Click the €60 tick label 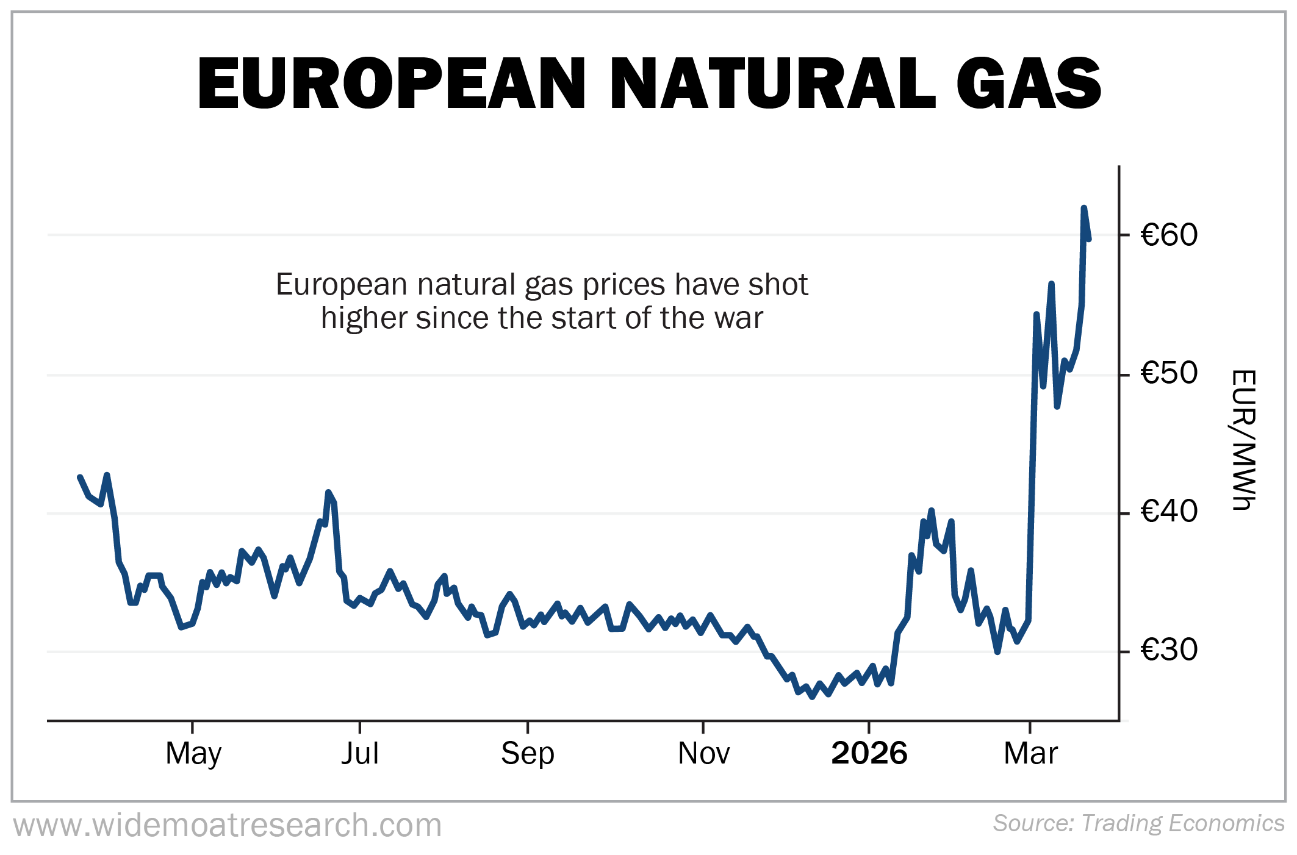click(x=1168, y=235)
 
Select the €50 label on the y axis click(x=1168, y=373)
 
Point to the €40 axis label click(x=1168, y=512)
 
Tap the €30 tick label click(x=1168, y=650)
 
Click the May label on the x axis click(x=193, y=754)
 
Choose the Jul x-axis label click(x=360, y=754)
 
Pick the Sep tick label click(x=528, y=754)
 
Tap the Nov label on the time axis click(x=703, y=754)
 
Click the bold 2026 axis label click(x=869, y=754)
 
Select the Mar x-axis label click(x=1030, y=754)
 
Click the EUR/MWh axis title click(x=1243, y=439)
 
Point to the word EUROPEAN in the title click(x=391, y=84)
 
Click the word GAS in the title click(x=1029, y=84)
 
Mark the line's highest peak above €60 click(x=1083, y=209)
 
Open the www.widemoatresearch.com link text click(x=228, y=826)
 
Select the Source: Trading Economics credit click(x=1138, y=823)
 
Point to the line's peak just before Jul click(x=328, y=492)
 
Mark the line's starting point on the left click(x=80, y=477)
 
